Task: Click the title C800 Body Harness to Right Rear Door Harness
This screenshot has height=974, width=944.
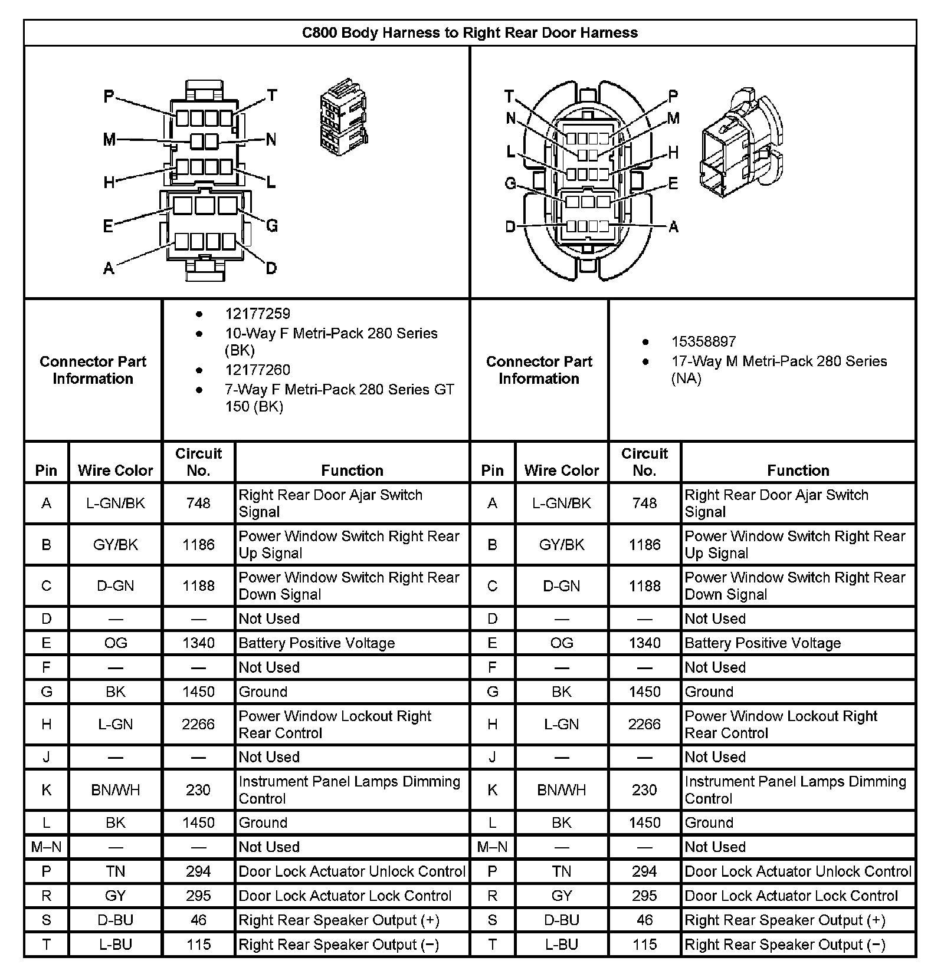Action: coord(470,32)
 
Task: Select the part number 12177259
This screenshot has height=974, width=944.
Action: coord(257,314)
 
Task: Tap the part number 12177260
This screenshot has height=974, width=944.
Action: coord(257,370)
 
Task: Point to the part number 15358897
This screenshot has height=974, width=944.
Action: coord(703,341)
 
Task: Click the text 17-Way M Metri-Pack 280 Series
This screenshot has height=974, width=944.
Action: coord(779,361)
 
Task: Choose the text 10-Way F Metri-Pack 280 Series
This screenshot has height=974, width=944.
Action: coord(331,334)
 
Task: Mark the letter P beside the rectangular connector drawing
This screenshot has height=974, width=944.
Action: coord(109,96)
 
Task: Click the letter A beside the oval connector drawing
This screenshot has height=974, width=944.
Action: coord(673,227)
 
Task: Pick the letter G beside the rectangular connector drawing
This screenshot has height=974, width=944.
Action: coord(271,225)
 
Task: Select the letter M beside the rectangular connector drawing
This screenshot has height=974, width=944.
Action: coord(109,140)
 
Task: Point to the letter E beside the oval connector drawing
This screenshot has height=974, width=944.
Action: coord(673,183)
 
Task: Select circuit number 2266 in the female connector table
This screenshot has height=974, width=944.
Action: coord(198,724)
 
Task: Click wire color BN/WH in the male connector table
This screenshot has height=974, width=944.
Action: coord(561,790)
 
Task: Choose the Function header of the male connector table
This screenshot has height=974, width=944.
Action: coord(798,470)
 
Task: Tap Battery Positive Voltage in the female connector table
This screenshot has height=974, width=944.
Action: coord(316,643)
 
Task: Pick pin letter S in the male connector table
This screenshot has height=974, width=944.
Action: coord(492,920)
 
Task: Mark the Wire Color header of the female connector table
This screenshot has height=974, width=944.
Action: coord(115,470)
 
